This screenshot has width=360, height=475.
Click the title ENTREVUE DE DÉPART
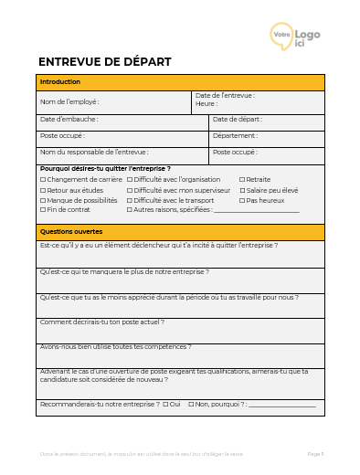click(x=104, y=62)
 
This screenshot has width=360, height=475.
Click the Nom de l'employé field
click(x=114, y=102)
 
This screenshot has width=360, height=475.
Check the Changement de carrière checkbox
click(x=42, y=180)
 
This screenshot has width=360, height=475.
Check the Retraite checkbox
click(x=242, y=180)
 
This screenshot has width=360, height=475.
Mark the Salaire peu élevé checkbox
click(x=242, y=190)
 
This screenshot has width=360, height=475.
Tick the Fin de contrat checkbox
click(x=42, y=210)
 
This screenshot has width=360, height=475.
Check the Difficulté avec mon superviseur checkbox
click(x=130, y=190)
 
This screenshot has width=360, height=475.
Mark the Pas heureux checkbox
click(x=242, y=200)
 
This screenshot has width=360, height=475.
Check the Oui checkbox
click(x=165, y=404)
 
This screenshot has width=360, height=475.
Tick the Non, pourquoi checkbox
click(x=191, y=404)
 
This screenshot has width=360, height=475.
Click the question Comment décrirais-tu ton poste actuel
click(x=101, y=322)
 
